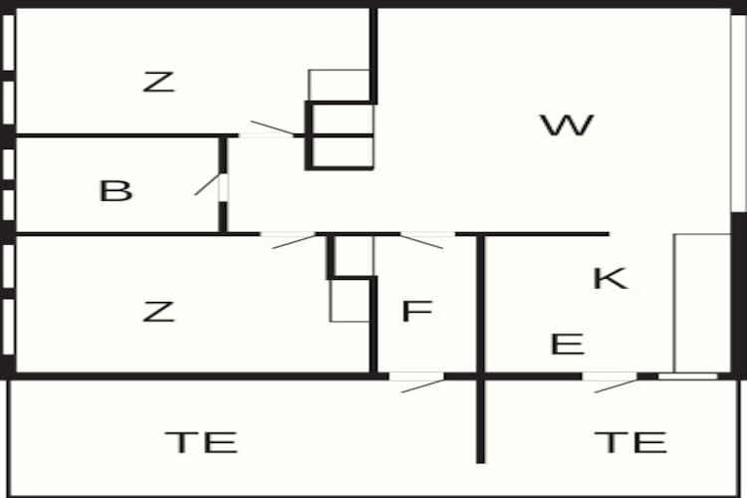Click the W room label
tap(567, 125)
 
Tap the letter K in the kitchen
tap(610, 278)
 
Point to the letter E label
tap(567, 345)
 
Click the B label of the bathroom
tap(116, 190)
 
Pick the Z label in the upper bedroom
tap(158, 82)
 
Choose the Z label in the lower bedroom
tap(158, 312)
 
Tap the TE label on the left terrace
tap(201, 440)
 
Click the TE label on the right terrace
tap(629, 440)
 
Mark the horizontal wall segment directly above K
tap(546, 234)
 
